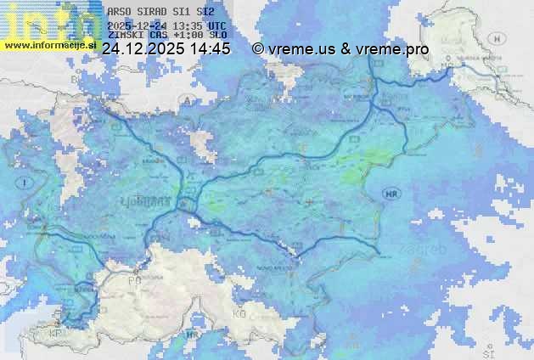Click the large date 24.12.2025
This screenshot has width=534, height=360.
tap(141, 49)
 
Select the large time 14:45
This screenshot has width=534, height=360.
tap(210, 49)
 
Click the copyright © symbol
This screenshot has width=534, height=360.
tap(258, 49)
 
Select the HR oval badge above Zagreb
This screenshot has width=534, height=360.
tap(391, 194)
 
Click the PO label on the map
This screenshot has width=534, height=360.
tap(133, 280)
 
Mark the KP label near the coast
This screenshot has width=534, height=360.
tap(56, 334)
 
